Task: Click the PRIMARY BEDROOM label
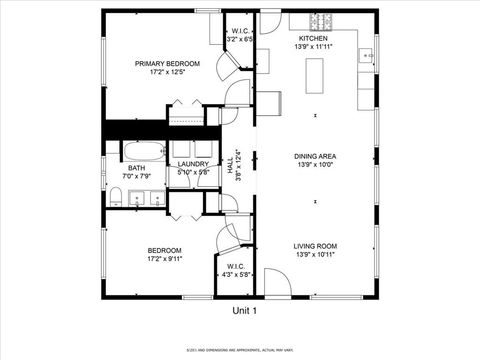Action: tap(168, 63)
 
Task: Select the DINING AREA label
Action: tap(315, 156)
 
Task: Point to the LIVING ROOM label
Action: tap(315, 246)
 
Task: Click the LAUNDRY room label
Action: tap(193, 164)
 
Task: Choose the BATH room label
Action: tap(135, 168)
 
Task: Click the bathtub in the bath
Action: tap(139, 152)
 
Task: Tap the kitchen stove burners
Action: tap(319, 21)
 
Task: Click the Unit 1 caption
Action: tap(245, 311)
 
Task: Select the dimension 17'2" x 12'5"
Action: tap(168, 72)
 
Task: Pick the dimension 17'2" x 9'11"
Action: tap(165, 259)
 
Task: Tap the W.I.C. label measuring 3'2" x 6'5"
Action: tap(240, 39)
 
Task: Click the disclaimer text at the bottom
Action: tap(240, 349)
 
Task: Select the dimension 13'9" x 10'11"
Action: tap(315, 255)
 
